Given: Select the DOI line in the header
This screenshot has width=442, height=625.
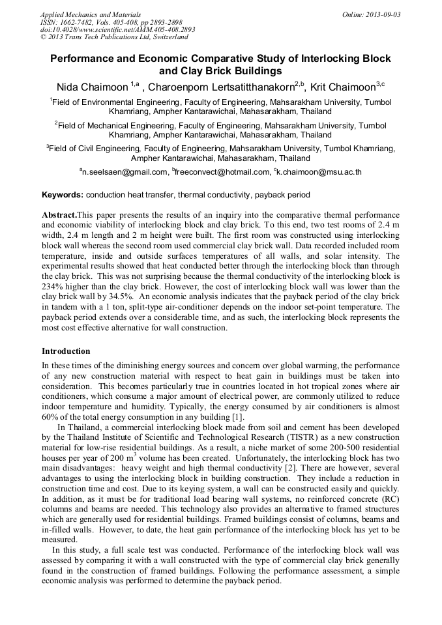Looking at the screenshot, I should tap(117, 29).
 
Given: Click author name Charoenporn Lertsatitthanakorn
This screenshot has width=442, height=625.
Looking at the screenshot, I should tap(223, 87).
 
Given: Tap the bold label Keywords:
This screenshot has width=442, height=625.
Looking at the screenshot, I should tap(63, 195).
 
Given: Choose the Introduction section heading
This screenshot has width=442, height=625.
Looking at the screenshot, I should tap(66, 351).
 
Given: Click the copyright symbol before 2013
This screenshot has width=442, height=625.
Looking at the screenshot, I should tap(43, 37).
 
